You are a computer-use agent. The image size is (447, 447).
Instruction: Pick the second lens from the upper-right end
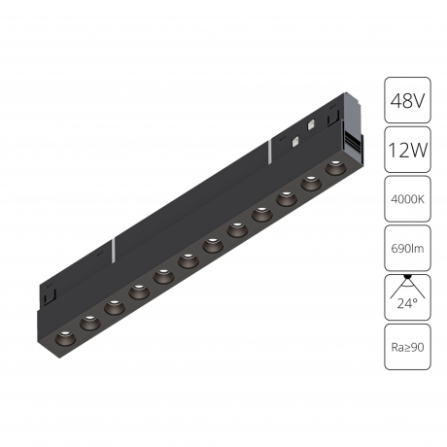click(x=313, y=182)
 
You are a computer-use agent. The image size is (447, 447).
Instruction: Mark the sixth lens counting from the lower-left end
click(x=189, y=258)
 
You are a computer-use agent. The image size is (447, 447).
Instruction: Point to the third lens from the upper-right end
click(x=288, y=198)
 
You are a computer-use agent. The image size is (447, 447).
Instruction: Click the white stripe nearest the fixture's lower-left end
click(x=115, y=247)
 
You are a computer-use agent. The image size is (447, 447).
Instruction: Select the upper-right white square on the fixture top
click(x=309, y=125)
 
